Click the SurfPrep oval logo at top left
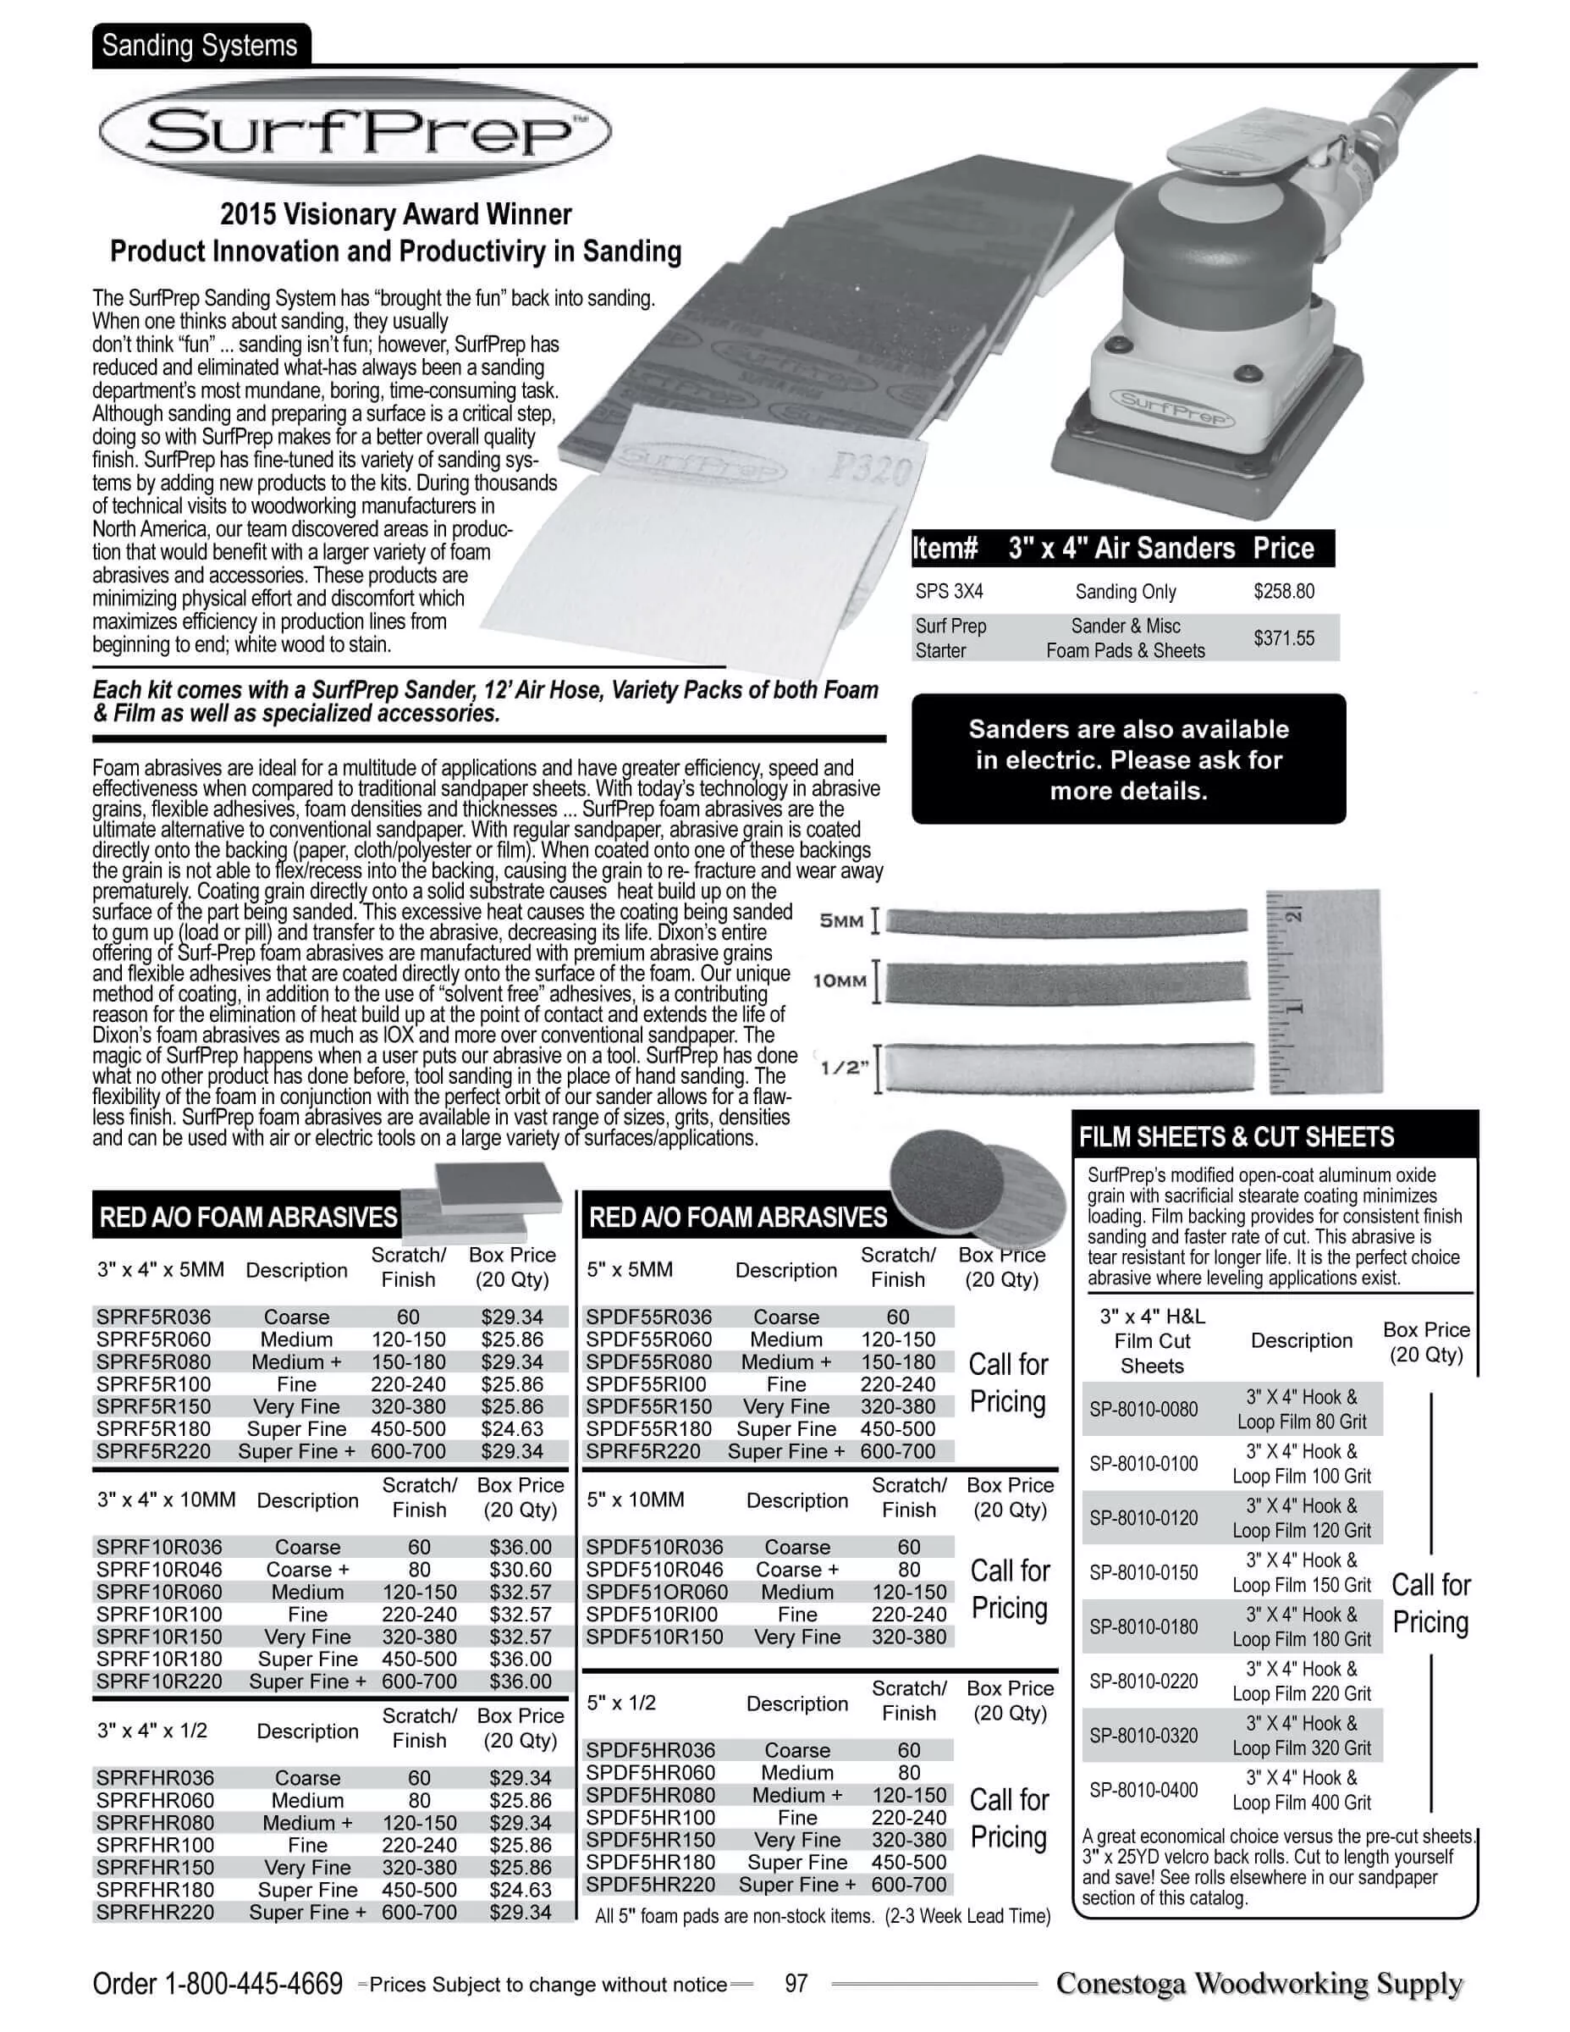[355, 131]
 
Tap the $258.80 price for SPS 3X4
[1284, 591]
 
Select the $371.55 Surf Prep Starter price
[1284, 638]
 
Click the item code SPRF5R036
[153, 1317]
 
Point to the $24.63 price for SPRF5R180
[511, 1428]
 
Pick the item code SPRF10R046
[159, 1570]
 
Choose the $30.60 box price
[520, 1570]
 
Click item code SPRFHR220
[154, 1912]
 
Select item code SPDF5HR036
[650, 1750]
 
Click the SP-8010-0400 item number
[1143, 1789]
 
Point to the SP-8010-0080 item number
[1143, 1409]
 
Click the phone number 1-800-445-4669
[253, 1985]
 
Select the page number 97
[796, 1984]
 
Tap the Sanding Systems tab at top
[200, 46]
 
